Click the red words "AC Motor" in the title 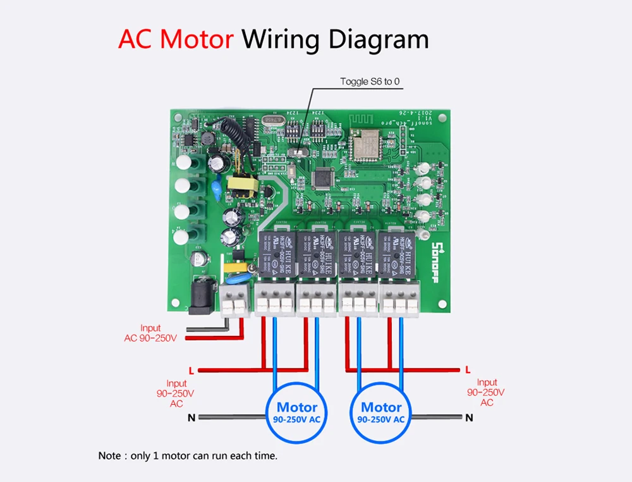coord(175,39)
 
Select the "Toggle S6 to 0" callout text coord(370,81)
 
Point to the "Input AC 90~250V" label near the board coord(150,333)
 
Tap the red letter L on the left coord(191,370)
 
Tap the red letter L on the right coord(467,369)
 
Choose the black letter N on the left coord(191,417)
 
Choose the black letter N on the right coord(468,417)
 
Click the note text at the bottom coord(188,455)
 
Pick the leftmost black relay coord(276,252)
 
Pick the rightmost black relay coord(396,252)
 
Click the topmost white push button coord(183,163)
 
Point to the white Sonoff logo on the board coord(435,257)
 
